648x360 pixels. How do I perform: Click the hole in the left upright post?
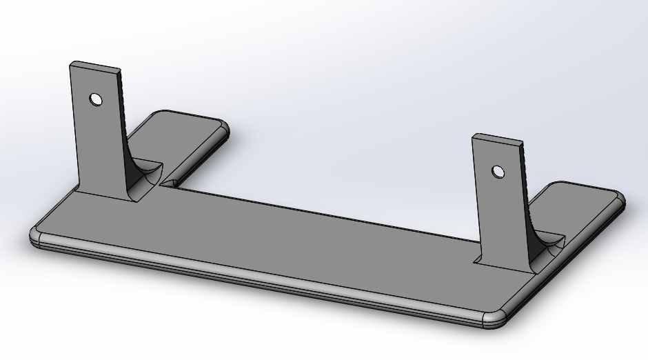[x=96, y=99]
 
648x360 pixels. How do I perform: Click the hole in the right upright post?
[x=497, y=171]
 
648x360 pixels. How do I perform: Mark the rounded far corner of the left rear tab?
[x=222, y=128]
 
